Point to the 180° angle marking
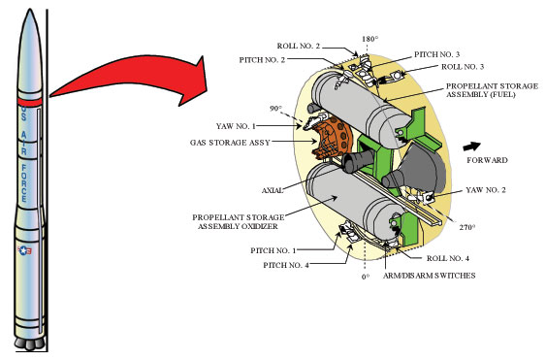pos(369,41)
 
